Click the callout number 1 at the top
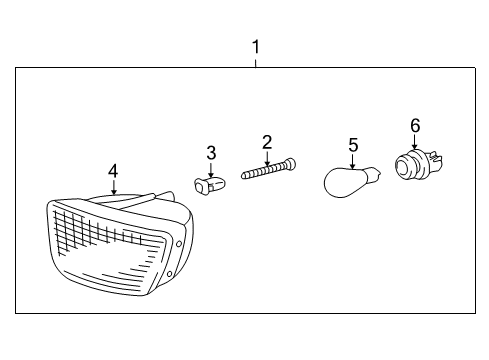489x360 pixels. click(256, 46)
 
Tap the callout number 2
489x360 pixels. click(267, 141)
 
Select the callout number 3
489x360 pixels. click(211, 152)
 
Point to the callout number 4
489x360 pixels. click(113, 171)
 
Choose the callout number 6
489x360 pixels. click(414, 125)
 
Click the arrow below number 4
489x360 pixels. click(113, 187)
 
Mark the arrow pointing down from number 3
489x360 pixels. click(211, 168)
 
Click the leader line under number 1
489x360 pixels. click(256, 61)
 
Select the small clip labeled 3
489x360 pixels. click(208, 185)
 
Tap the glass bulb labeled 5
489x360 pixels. click(348, 182)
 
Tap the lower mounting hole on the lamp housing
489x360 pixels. click(171, 271)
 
